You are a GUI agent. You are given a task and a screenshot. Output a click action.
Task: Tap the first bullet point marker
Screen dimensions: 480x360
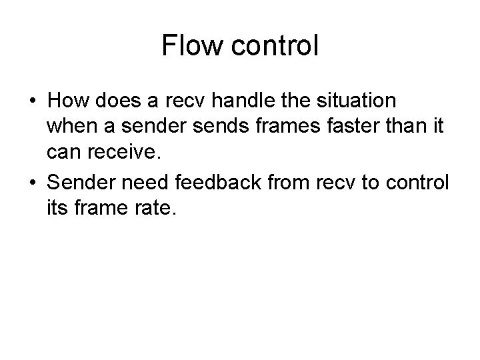click(x=33, y=103)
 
